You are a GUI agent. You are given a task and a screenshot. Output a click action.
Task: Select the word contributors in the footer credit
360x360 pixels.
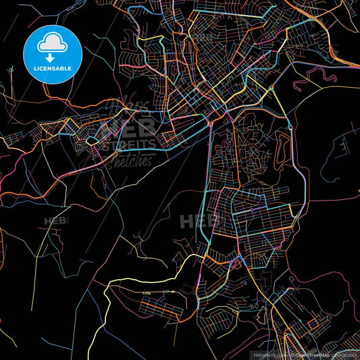[x=344, y=355]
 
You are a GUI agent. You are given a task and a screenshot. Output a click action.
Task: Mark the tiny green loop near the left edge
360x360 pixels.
[x=11, y=69]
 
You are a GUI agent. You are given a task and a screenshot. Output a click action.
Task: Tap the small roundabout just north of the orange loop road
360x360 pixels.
[x=289, y=126]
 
